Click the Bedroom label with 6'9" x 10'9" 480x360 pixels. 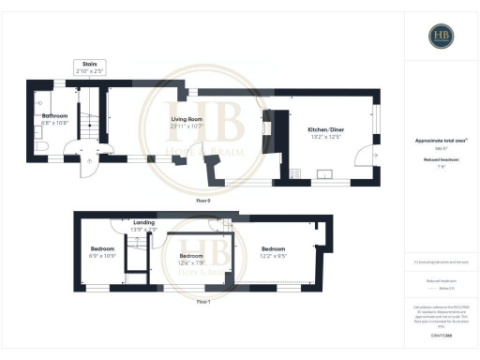(101, 248)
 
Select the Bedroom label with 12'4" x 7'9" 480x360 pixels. (191, 255)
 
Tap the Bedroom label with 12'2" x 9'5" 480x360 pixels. (274, 248)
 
